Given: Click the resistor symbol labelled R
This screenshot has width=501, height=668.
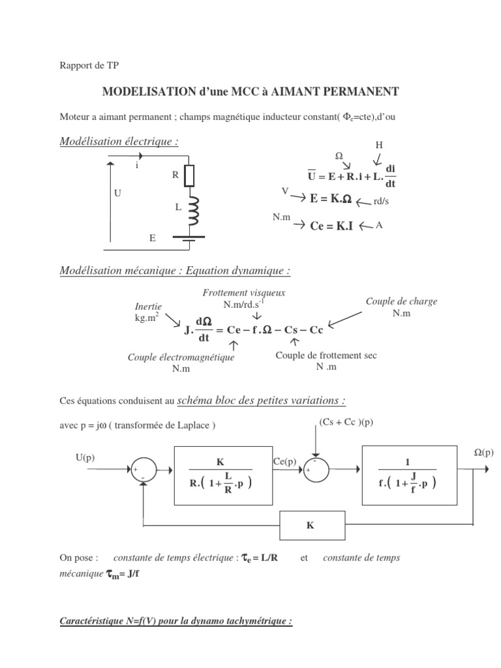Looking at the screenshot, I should (x=189, y=175).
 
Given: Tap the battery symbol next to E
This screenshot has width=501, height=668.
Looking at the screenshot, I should (x=189, y=240).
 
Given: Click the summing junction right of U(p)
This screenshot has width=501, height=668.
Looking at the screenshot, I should (x=140, y=469).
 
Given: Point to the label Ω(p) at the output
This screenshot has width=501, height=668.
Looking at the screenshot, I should (x=483, y=452).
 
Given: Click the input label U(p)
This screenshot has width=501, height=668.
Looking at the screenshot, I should (x=85, y=457).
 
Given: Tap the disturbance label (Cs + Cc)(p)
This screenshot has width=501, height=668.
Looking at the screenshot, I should (x=346, y=422).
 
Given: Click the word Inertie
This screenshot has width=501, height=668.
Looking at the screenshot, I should (x=148, y=306).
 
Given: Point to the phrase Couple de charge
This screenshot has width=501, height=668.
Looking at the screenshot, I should (x=401, y=301).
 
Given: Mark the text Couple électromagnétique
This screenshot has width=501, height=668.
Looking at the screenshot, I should (x=181, y=357).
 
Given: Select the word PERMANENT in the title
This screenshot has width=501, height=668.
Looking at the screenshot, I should (x=361, y=93).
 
